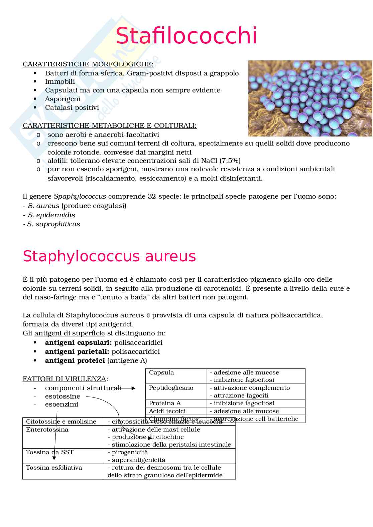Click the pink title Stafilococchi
[186, 36]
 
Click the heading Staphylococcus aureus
[109, 256]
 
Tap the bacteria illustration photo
[310, 98]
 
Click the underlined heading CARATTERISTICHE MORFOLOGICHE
[88, 64]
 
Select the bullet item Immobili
[60, 82]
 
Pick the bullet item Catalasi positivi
[72, 108]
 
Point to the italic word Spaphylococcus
[80, 197]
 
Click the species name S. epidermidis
[51, 215]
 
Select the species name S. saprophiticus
[53, 224]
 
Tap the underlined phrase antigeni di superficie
[70, 333]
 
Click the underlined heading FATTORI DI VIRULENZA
[65, 379]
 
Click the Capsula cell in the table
[161, 373]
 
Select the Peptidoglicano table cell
[171, 388]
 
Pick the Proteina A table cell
[165, 404]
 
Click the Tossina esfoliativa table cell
[54, 468]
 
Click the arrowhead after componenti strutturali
[133, 388]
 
